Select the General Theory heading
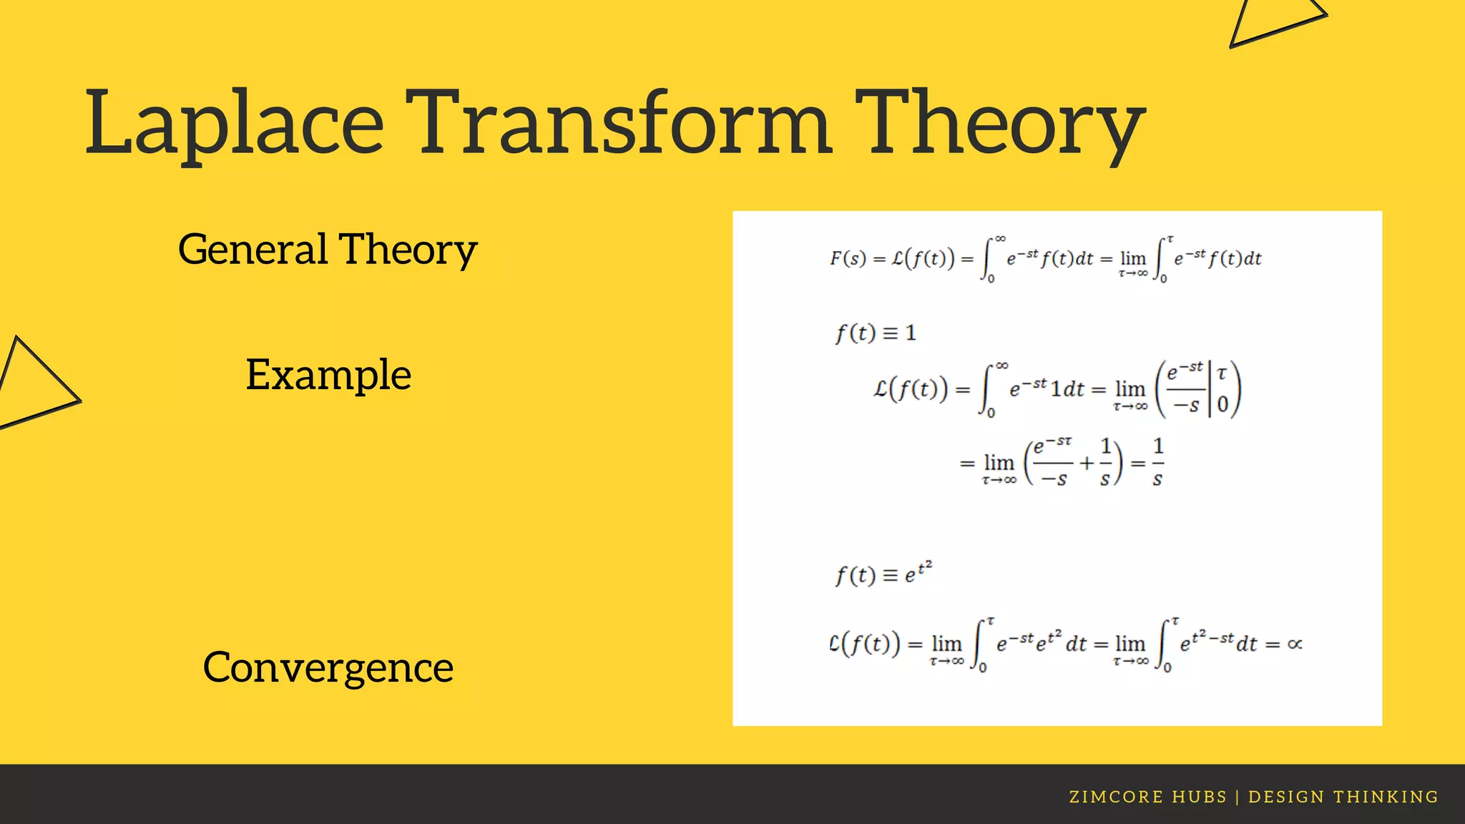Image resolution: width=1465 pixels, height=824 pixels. click(x=328, y=250)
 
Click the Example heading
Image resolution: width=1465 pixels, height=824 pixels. click(x=328, y=375)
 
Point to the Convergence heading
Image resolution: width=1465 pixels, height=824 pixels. click(x=328, y=667)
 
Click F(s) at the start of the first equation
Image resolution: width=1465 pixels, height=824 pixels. click(x=848, y=258)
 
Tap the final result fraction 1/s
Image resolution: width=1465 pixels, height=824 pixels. click(x=1157, y=463)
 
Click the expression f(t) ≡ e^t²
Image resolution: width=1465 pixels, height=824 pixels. click(x=883, y=574)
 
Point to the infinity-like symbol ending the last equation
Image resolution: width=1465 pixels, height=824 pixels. click(x=1294, y=644)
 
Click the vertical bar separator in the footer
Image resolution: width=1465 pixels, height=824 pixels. click(x=1238, y=797)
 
